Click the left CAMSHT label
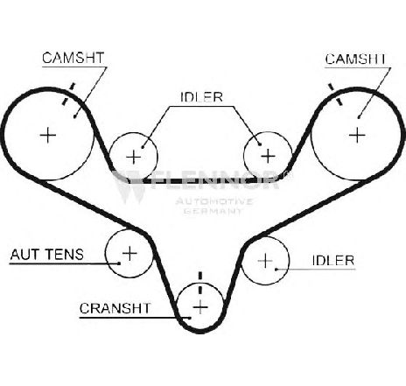point(73,58)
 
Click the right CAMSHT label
point(355,59)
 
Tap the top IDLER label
point(201,97)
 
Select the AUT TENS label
point(47,254)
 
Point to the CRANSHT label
point(115,308)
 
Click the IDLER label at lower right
point(333,260)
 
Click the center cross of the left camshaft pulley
point(48,135)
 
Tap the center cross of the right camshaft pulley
point(357,135)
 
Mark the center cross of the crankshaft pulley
point(200,307)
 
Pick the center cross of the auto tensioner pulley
point(129,253)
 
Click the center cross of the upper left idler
point(134,157)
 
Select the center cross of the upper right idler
point(268,156)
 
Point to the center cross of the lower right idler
point(265,260)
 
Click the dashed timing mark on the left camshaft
point(68,94)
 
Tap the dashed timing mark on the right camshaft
point(334,95)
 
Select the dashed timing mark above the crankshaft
point(200,283)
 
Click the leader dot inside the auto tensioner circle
point(119,263)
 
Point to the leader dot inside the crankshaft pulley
point(190,318)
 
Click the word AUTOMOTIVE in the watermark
point(213,201)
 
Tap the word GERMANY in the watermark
point(213,210)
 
